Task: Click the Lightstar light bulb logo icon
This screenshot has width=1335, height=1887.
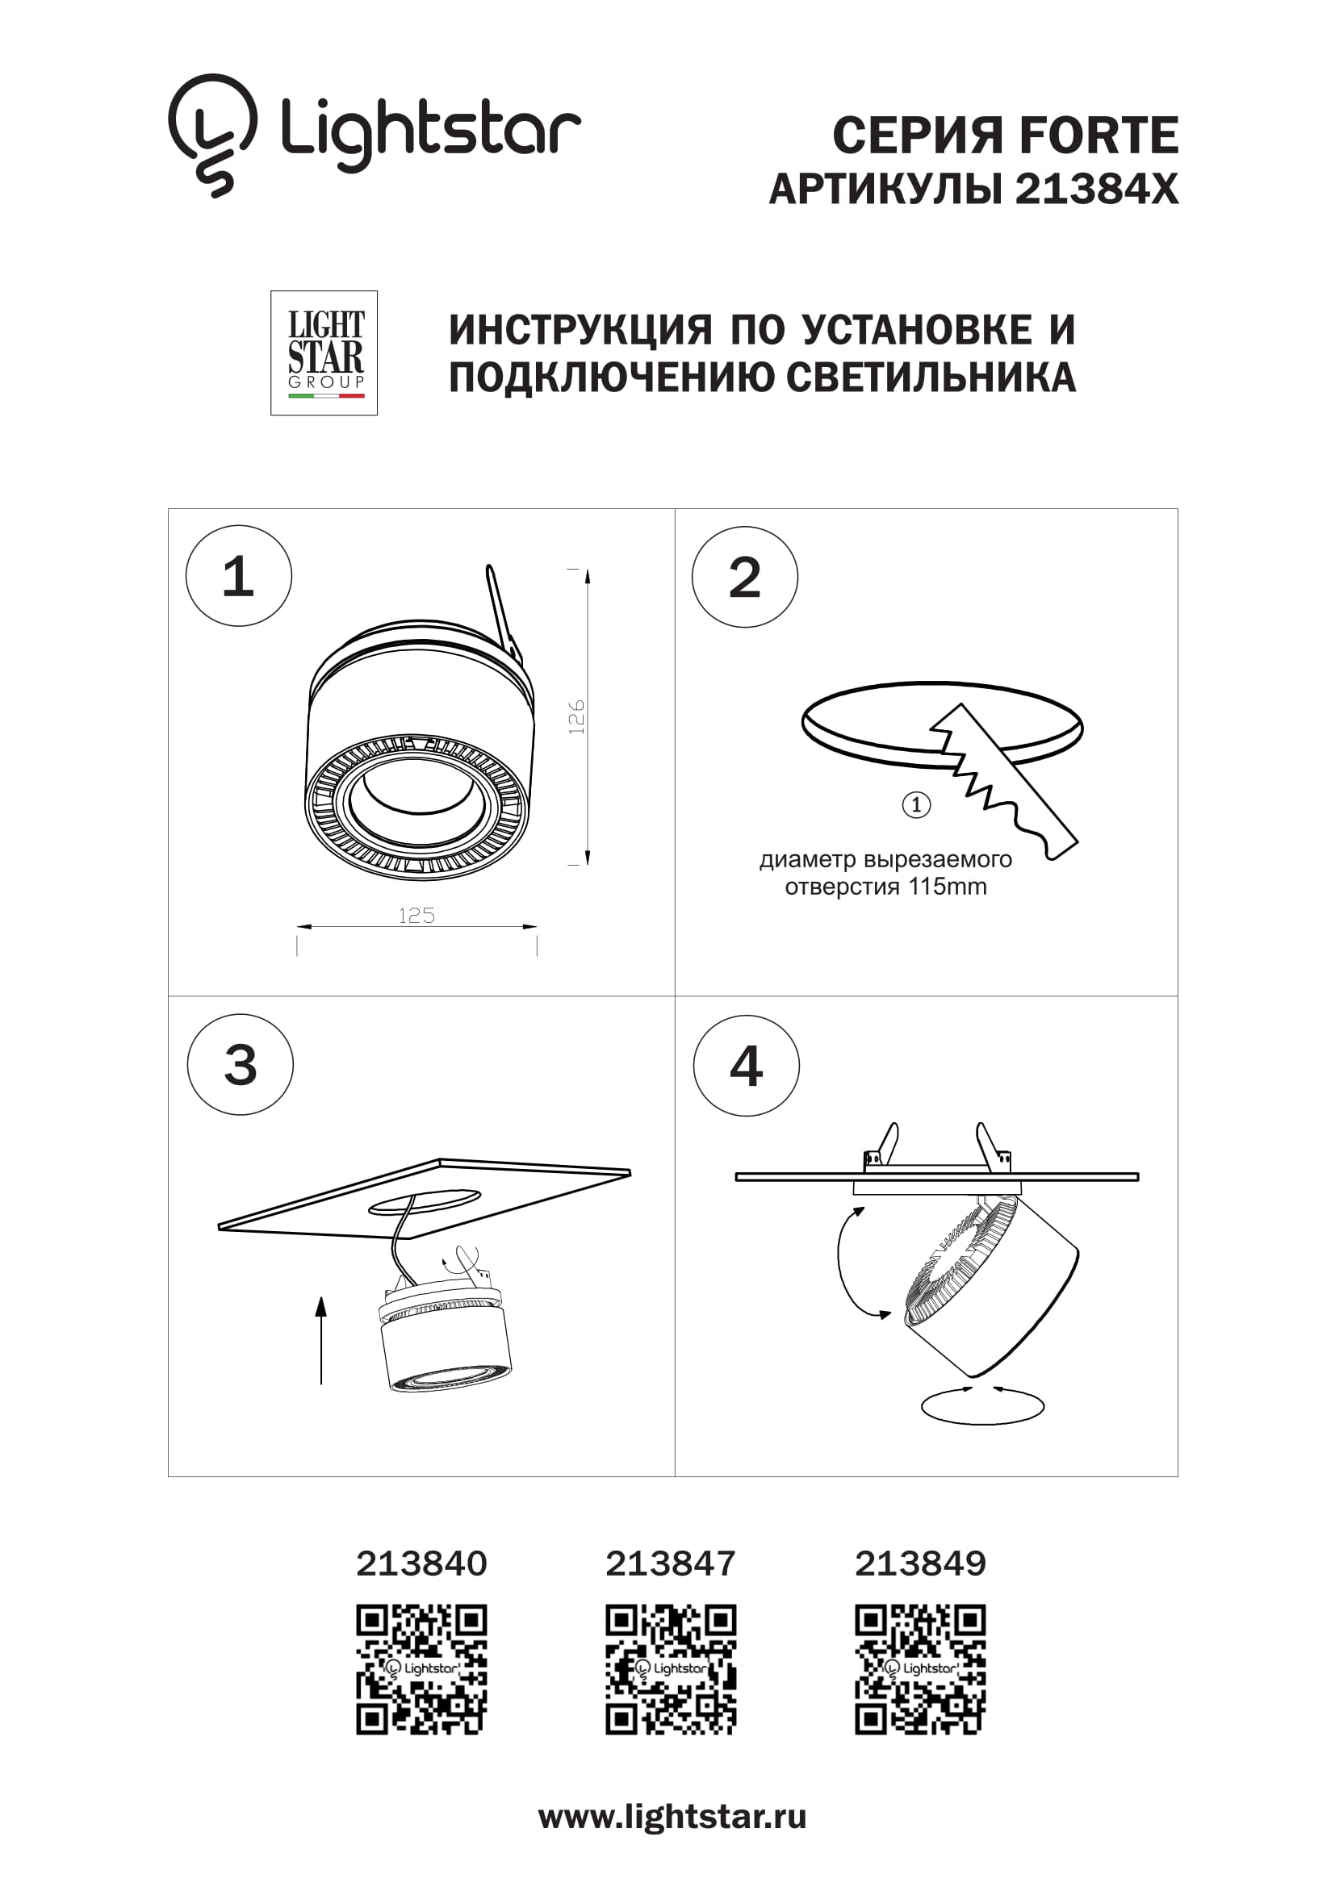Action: tap(212, 134)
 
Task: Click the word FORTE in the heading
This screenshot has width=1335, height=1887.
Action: tap(1099, 136)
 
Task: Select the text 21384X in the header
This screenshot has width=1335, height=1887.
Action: tap(1097, 189)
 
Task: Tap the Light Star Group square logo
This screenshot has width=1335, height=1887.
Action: tap(324, 353)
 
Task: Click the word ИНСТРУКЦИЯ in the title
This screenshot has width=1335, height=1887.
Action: tap(580, 331)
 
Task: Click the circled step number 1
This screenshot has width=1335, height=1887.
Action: tap(238, 576)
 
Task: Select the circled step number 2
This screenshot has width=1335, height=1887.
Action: tap(745, 577)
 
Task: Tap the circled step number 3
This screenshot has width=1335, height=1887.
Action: tap(240, 1064)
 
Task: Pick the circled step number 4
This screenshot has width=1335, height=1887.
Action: tap(746, 1066)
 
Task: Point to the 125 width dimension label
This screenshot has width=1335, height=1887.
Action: tap(416, 916)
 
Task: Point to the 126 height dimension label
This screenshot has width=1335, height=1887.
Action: tap(576, 716)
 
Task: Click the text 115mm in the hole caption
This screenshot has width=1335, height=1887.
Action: tap(947, 887)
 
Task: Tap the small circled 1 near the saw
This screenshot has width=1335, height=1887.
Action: tap(916, 804)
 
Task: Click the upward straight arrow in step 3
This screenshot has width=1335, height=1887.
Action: tap(321, 1340)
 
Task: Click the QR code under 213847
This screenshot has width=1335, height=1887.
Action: tap(671, 1669)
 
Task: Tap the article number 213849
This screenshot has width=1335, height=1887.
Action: tap(920, 1563)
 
